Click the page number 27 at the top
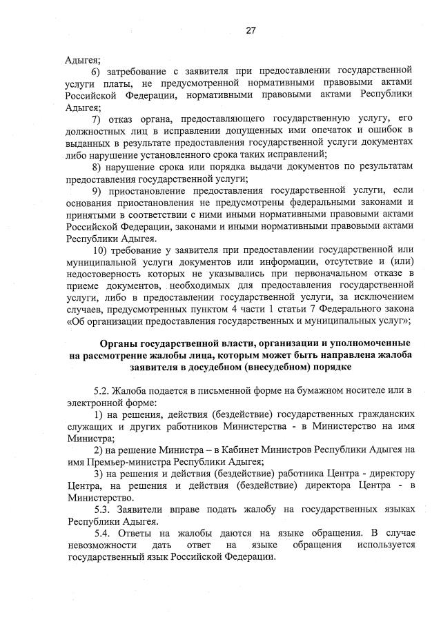pos(251,30)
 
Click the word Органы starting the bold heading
pos(117,343)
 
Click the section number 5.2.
pos(100,390)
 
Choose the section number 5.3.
pos(100,509)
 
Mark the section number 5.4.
pos(100,533)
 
